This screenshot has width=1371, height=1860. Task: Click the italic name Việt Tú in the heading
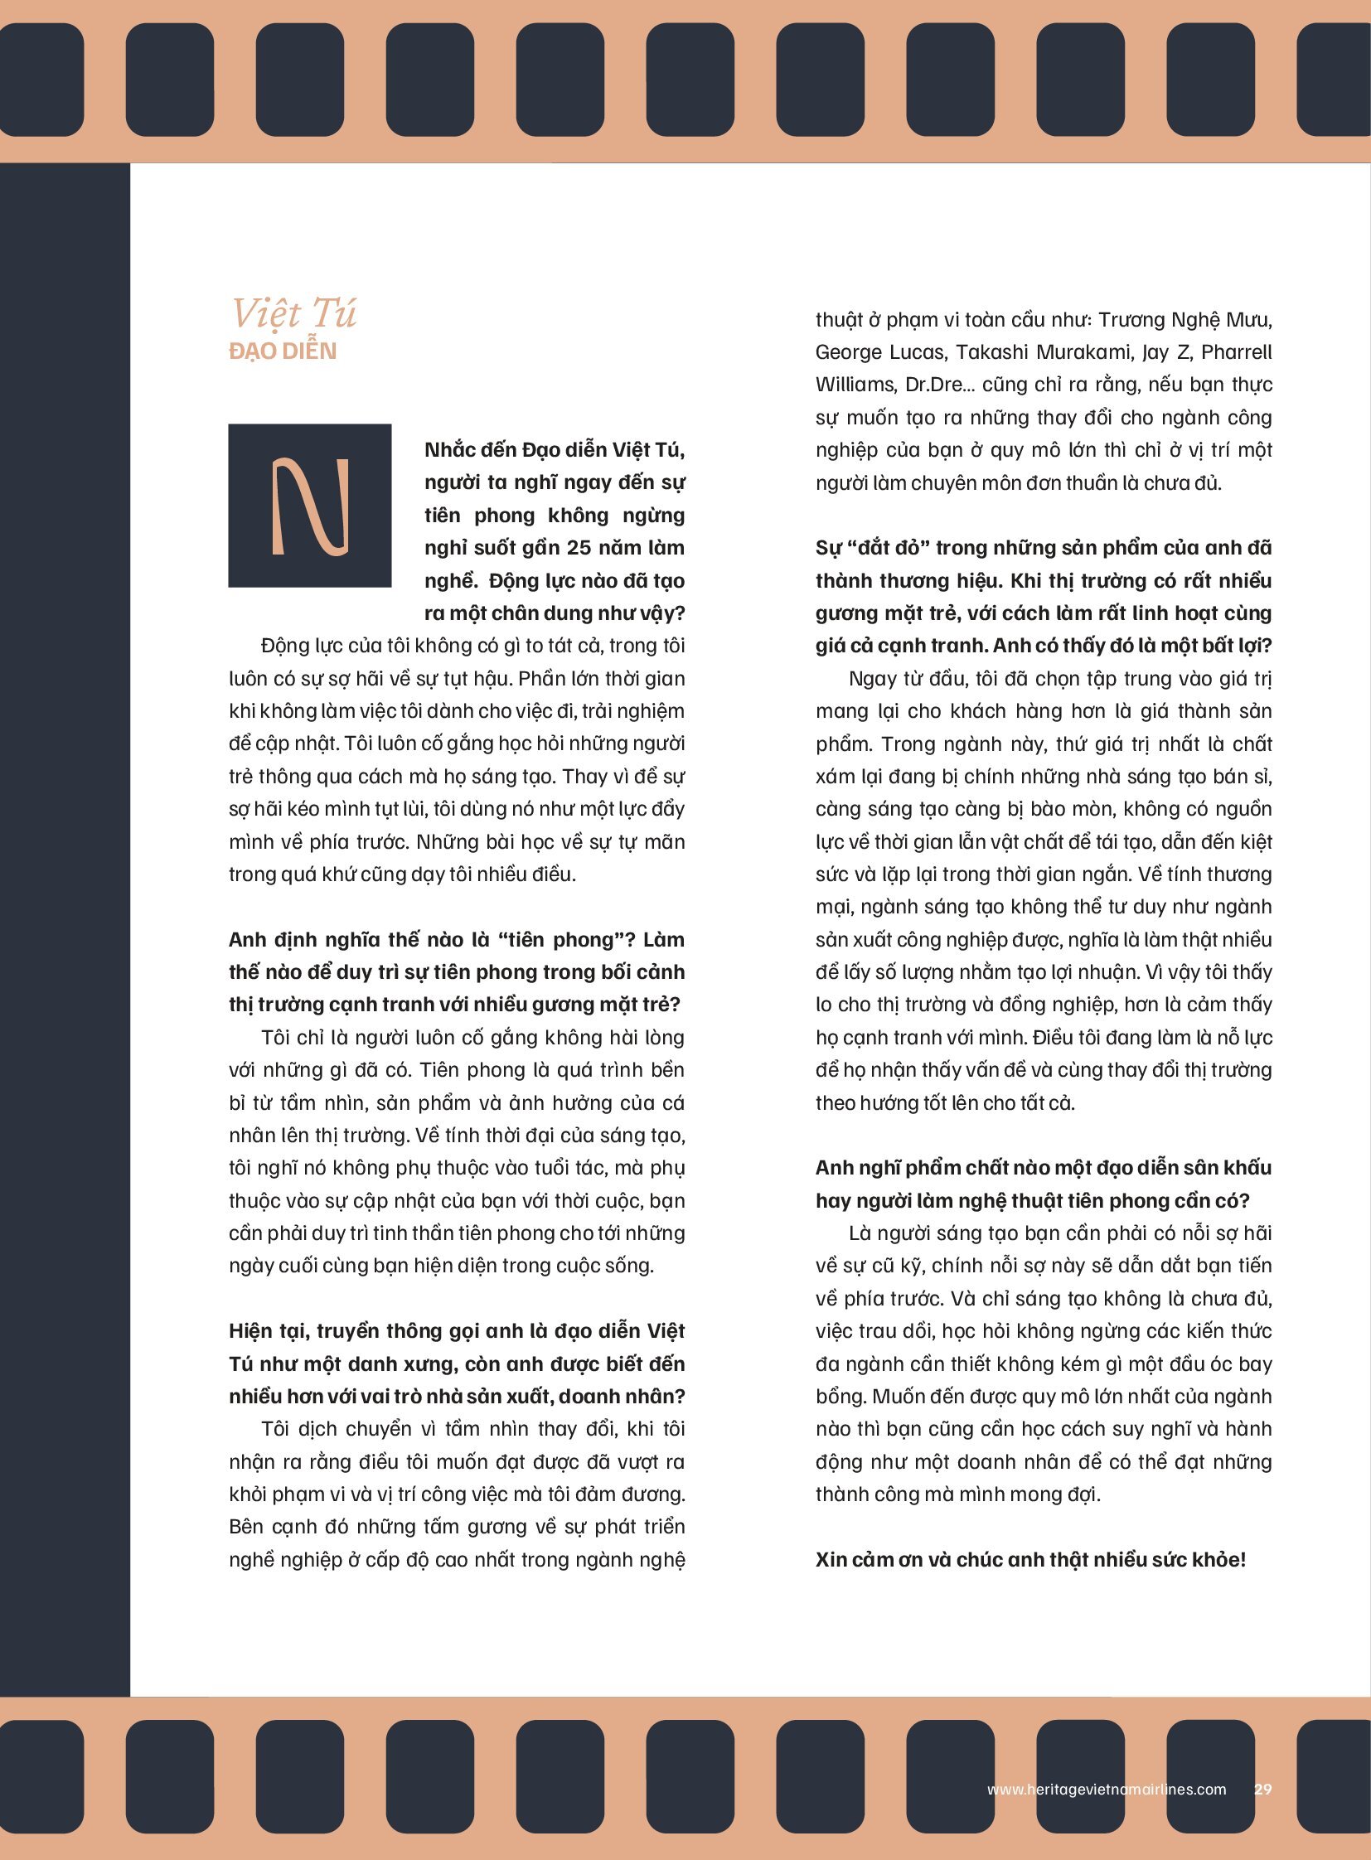(293, 314)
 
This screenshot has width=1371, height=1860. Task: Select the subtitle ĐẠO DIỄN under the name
(283, 352)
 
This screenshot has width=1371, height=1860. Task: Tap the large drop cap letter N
(309, 506)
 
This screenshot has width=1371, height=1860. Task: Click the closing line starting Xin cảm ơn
(1030, 1560)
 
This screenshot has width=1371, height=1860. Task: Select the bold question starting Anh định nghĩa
(457, 972)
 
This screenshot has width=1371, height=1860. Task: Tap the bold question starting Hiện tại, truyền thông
(457, 1364)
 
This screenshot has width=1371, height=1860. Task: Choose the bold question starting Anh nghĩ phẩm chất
(1044, 1184)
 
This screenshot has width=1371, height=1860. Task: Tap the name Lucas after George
(922, 353)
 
